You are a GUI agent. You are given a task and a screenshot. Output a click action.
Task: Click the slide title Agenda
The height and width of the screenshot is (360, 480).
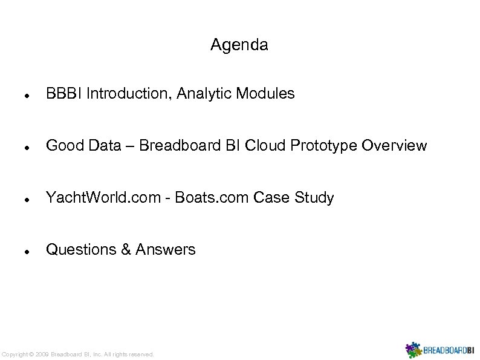[x=239, y=45]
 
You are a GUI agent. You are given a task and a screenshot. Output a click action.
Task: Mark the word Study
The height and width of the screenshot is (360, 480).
[x=314, y=198]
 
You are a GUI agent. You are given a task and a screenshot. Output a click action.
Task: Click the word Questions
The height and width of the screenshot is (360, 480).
[x=82, y=249]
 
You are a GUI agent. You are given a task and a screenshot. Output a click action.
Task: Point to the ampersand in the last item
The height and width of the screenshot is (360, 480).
[x=126, y=249]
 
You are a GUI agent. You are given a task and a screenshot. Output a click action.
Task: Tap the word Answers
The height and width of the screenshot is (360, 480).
[x=166, y=249]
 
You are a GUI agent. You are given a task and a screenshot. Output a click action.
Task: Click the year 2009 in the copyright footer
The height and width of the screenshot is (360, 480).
[x=42, y=354]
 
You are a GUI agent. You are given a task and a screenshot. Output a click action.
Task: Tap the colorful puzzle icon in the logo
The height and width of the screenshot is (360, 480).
[x=414, y=350]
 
